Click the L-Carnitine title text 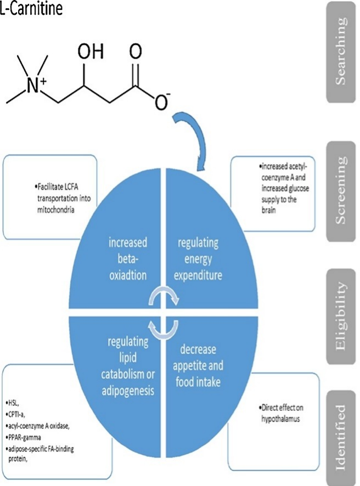click(x=31, y=8)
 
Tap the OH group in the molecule click(x=91, y=51)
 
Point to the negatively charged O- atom click(x=162, y=101)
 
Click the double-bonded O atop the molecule click(x=136, y=51)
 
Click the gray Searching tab click(x=341, y=52)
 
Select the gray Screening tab click(x=341, y=191)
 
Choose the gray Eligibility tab click(x=341, y=317)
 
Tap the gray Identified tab click(x=341, y=438)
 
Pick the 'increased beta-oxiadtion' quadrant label click(x=127, y=259)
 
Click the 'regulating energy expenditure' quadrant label click(x=198, y=259)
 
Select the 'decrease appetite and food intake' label click(x=198, y=366)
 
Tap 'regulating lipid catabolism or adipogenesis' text click(x=128, y=366)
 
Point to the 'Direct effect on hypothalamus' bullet click(x=281, y=413)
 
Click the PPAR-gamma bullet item click(x=23, y=437)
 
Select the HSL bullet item click(x=13, y=403)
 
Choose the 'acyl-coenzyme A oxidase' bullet click(x=37, y=426)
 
